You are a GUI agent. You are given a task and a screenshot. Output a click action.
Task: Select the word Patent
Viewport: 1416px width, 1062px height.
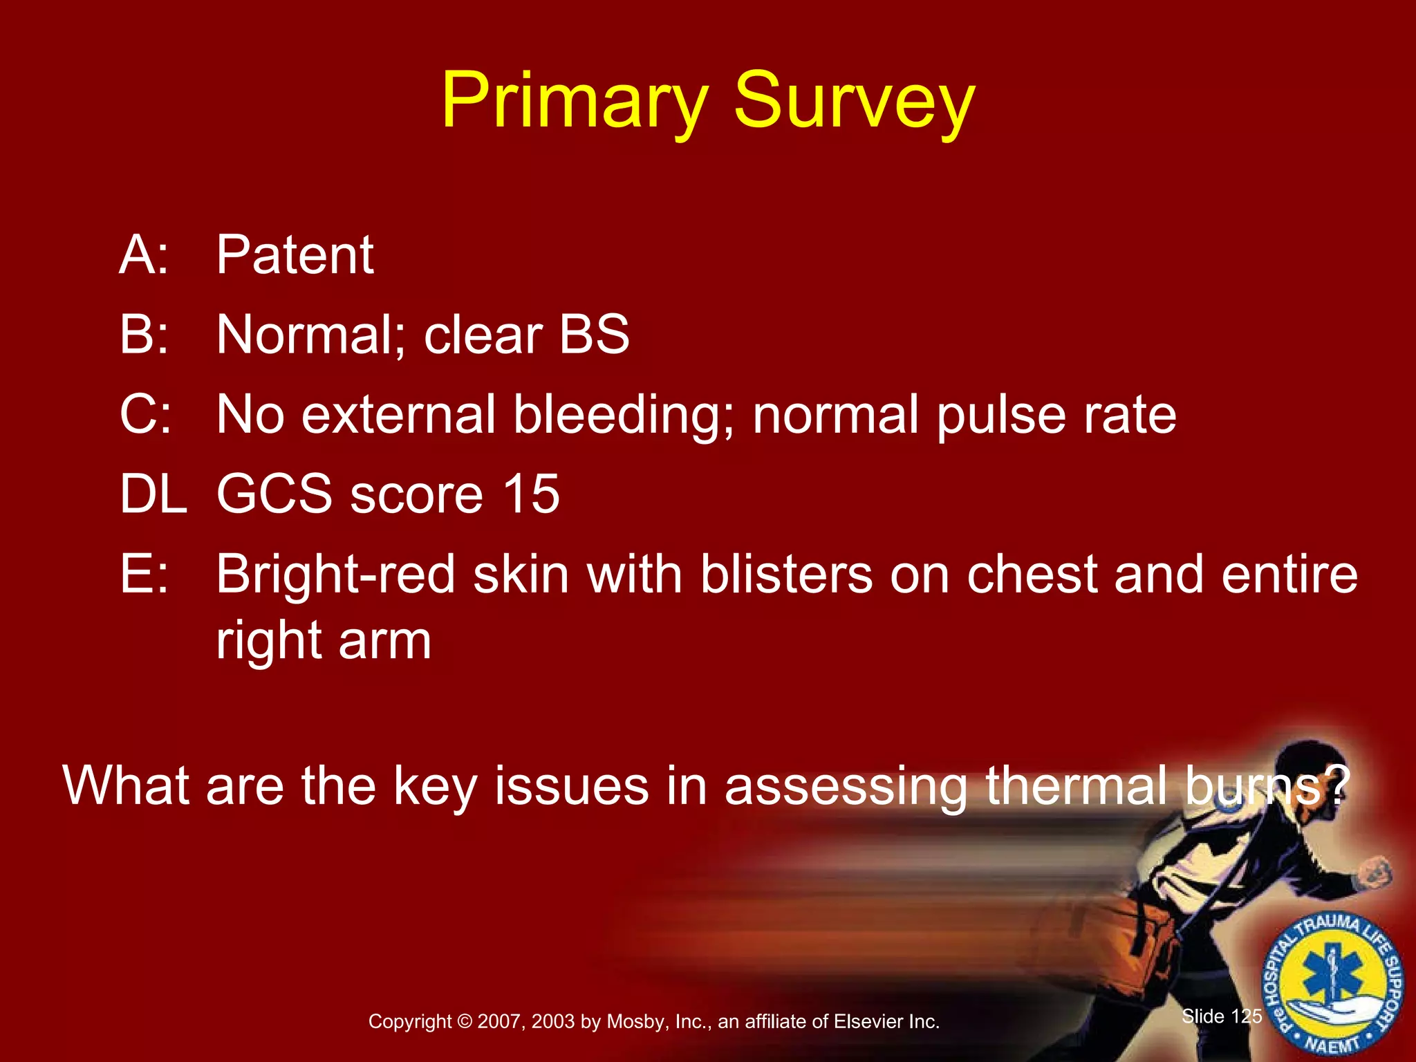point(295,255)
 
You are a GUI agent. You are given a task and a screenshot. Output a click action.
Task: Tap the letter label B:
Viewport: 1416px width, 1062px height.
point(144,335)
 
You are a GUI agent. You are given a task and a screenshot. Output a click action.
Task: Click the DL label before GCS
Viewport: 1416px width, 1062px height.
point(153,494)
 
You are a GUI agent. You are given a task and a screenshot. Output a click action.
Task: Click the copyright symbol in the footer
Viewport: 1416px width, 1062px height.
point(465,1022)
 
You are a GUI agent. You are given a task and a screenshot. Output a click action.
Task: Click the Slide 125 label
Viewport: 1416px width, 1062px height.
point(1222,1016)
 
